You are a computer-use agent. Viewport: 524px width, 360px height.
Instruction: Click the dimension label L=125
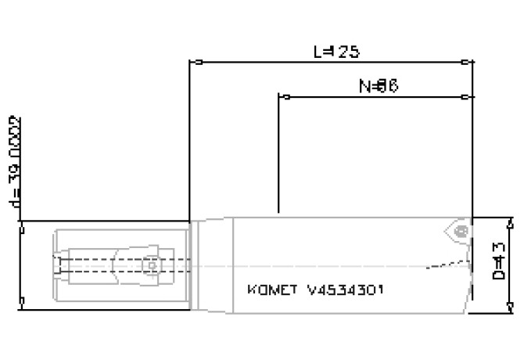click(336, 52)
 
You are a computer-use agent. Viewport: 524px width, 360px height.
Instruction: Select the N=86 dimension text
click(379, 87)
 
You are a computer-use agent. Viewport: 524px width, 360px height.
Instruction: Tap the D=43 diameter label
click(497, 263)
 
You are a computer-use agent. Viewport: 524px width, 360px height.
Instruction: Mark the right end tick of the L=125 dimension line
click(468, 62)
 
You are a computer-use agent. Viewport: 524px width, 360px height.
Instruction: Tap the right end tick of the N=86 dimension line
click(467, 98)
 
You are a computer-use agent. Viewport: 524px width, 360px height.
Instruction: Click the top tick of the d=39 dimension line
click(23, 228)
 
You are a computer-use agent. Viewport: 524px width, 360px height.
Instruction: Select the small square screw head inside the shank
click(59, 266)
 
